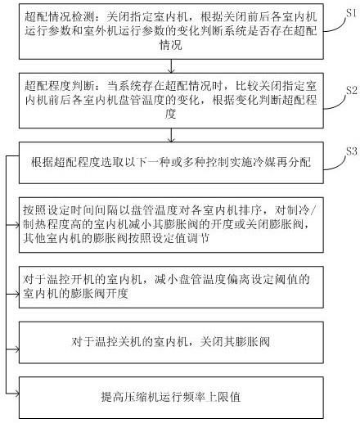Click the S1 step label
[x=351, y=13]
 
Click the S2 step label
[x=352, y=90]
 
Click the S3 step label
[x=352, y=151]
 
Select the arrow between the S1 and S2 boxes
[x=171, y=66]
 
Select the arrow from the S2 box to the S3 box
[x=171, y=135]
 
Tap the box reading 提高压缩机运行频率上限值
[x=171, y=398]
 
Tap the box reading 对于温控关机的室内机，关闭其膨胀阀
[x=171, y=342]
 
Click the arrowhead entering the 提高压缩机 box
[x=17, y=394]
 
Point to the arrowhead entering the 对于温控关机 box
[x=17, y=349]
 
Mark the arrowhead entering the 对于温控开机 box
[x=17, y=294]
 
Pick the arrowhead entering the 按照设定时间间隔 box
[x=17, y=225]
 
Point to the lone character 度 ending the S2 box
[x=170, y=114]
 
